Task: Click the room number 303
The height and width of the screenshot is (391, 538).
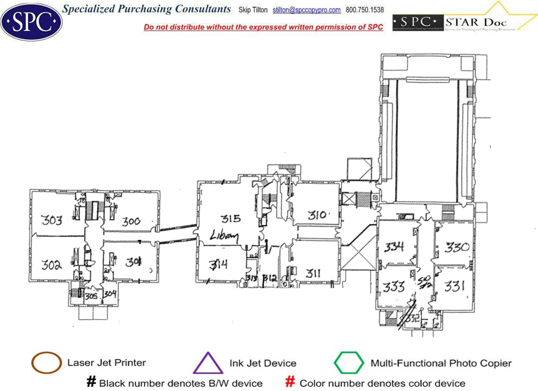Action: coord(51,220)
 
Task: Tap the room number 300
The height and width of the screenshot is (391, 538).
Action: coord(131,221)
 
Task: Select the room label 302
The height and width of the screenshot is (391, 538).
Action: coord(51,264)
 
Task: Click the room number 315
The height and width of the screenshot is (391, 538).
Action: coord(231,218)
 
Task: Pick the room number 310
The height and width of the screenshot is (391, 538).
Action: coord(317,215)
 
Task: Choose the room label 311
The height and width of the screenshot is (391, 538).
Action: coord(313,272)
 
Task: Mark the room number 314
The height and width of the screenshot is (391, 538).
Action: coord(219,263)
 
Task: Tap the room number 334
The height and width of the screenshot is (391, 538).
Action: coord(394,246)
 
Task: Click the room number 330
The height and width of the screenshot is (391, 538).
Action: coord(457,247)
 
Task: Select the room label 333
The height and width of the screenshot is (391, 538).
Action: coord(394,286)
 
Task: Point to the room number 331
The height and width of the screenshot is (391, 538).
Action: coord(454,286)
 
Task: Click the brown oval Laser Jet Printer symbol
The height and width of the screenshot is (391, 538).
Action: coord(46,363)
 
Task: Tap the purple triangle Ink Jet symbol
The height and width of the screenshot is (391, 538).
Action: coord(208,363)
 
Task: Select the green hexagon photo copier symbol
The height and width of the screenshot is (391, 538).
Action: coord(349,363)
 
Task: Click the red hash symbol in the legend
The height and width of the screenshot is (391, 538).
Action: coord(291,382)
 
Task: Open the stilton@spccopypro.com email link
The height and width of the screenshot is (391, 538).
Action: coord(307,10)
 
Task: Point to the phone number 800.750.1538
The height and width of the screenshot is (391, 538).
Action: coord(365,10)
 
